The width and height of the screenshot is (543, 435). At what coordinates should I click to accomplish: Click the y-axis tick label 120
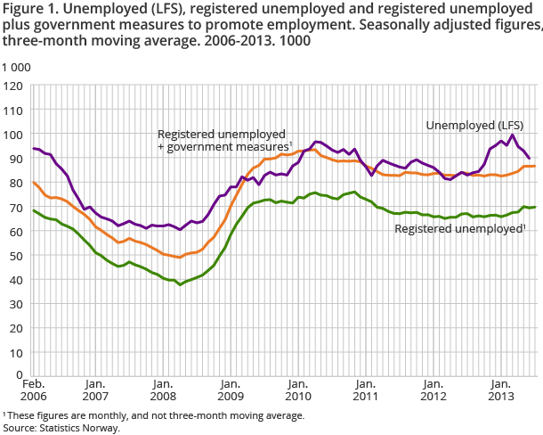click(x=13, y=86)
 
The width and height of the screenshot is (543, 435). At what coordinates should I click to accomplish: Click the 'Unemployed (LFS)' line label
click(x=474, y=124)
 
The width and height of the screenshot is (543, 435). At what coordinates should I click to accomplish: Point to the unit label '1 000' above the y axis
click(x=15, y=68)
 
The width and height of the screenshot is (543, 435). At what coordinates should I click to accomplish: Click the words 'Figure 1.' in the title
click(x=29, y=10)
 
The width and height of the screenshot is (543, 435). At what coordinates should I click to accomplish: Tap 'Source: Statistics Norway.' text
click(x=61, y=427)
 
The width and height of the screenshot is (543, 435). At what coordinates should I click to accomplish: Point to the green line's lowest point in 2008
click(x=181, y=284)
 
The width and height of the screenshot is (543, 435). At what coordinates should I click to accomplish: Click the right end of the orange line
click(x=534, y=167)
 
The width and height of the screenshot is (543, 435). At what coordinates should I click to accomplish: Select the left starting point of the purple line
click(x=33, y=149)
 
